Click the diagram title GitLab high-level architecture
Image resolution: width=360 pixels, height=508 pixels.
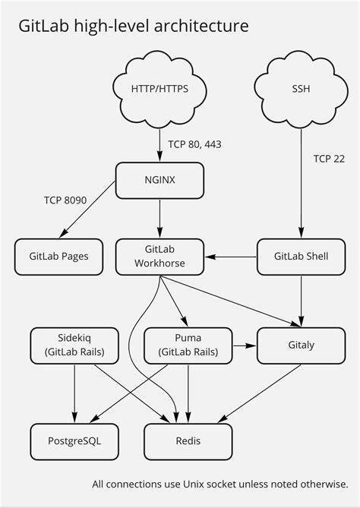click(x=134, y=27)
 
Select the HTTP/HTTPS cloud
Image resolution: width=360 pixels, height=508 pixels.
click(x=159, y=89)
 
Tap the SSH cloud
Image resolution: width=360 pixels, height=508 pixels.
click(x=301, y=89)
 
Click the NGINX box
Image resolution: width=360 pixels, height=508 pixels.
click(x=159, y=181)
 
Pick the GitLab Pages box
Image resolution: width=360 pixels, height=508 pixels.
click(x=59, y=256)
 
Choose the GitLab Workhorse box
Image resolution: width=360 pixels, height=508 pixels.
click(x=159, y=256)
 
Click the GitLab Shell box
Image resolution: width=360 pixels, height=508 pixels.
click(x=301, y=256)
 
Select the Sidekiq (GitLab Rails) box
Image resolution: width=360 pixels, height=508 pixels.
click(x=74, y=345)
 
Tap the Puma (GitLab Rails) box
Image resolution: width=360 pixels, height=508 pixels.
click(x=187, y=345)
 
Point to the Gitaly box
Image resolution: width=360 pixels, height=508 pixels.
click(x=301, y=345)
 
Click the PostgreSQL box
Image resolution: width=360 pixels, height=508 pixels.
click(x=74, y=440)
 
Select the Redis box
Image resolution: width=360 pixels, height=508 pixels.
click(x=187, y=440)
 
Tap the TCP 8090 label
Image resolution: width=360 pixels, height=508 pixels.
click(x=65, y=200)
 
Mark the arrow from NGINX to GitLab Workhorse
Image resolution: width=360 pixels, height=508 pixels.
click(x=159, y=219)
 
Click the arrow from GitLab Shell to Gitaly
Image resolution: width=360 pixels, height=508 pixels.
click(x=302, y=300)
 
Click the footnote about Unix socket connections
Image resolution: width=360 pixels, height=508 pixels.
click(x=219, y=484)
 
